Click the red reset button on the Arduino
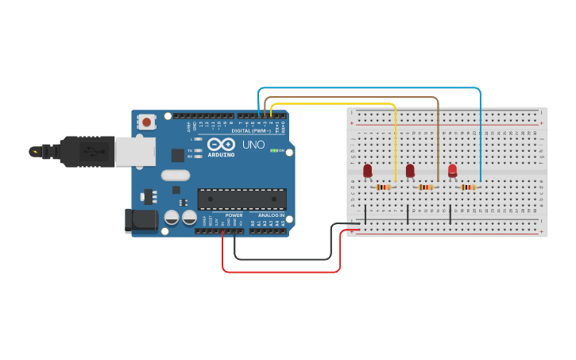click(x=147, y=122)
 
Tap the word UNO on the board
click(x=253, y=145)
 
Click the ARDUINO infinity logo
click(x=222, y=144)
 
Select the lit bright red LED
click(x=452, y=169)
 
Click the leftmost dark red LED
click(x=367, y=170)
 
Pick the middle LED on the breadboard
click(x=410, y=170)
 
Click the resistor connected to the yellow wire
click(x=384, y=188)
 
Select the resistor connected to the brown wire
click(x=427, y=188)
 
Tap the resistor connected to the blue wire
click(x=469, y=188)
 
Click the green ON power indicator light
click(x=274, y=150)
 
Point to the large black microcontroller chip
click(x=242, y=199)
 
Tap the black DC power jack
click(x=141, y=220)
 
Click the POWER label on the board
click(x=234, y=215)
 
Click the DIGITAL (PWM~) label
click(x=248, y=130)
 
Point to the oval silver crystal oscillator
click(x=176, y=176)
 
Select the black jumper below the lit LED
click(x=450, y=215)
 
